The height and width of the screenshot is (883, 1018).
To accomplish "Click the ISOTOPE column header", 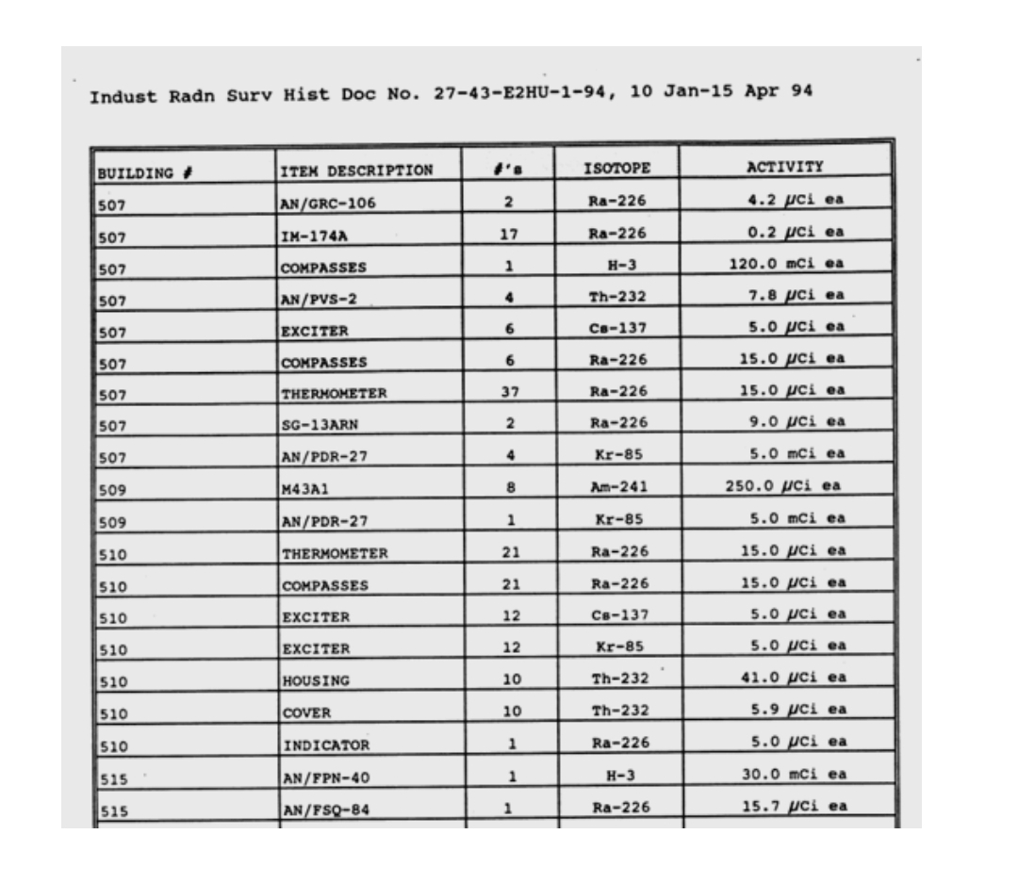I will [x=617, y=169].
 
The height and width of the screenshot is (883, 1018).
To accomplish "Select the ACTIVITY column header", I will [x=784, y=167].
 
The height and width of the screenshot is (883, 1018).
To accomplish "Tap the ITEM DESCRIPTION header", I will [x=356, y=171].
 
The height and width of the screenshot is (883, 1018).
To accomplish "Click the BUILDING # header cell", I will [x=144, y=172].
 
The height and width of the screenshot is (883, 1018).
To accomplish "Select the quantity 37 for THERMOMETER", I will [x=509, y=391].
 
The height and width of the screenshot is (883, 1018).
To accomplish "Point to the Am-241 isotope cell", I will [x=617, y=487].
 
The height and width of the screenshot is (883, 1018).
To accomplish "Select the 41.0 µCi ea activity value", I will [x=793, y=677].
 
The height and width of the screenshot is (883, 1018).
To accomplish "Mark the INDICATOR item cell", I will [x=326, y=745].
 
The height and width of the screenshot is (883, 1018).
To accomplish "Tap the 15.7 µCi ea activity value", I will [x=793, y=806].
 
